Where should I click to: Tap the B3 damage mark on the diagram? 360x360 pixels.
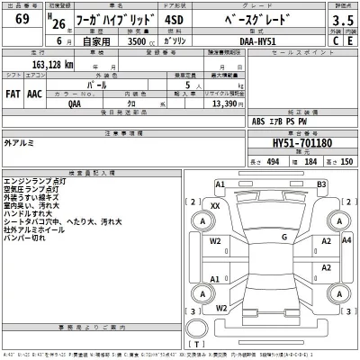[319, 184]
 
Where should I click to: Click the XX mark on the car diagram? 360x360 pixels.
[214, 206]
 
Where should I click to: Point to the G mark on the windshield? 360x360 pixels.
[283, 237]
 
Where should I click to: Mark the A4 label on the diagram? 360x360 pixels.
[324, 241]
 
